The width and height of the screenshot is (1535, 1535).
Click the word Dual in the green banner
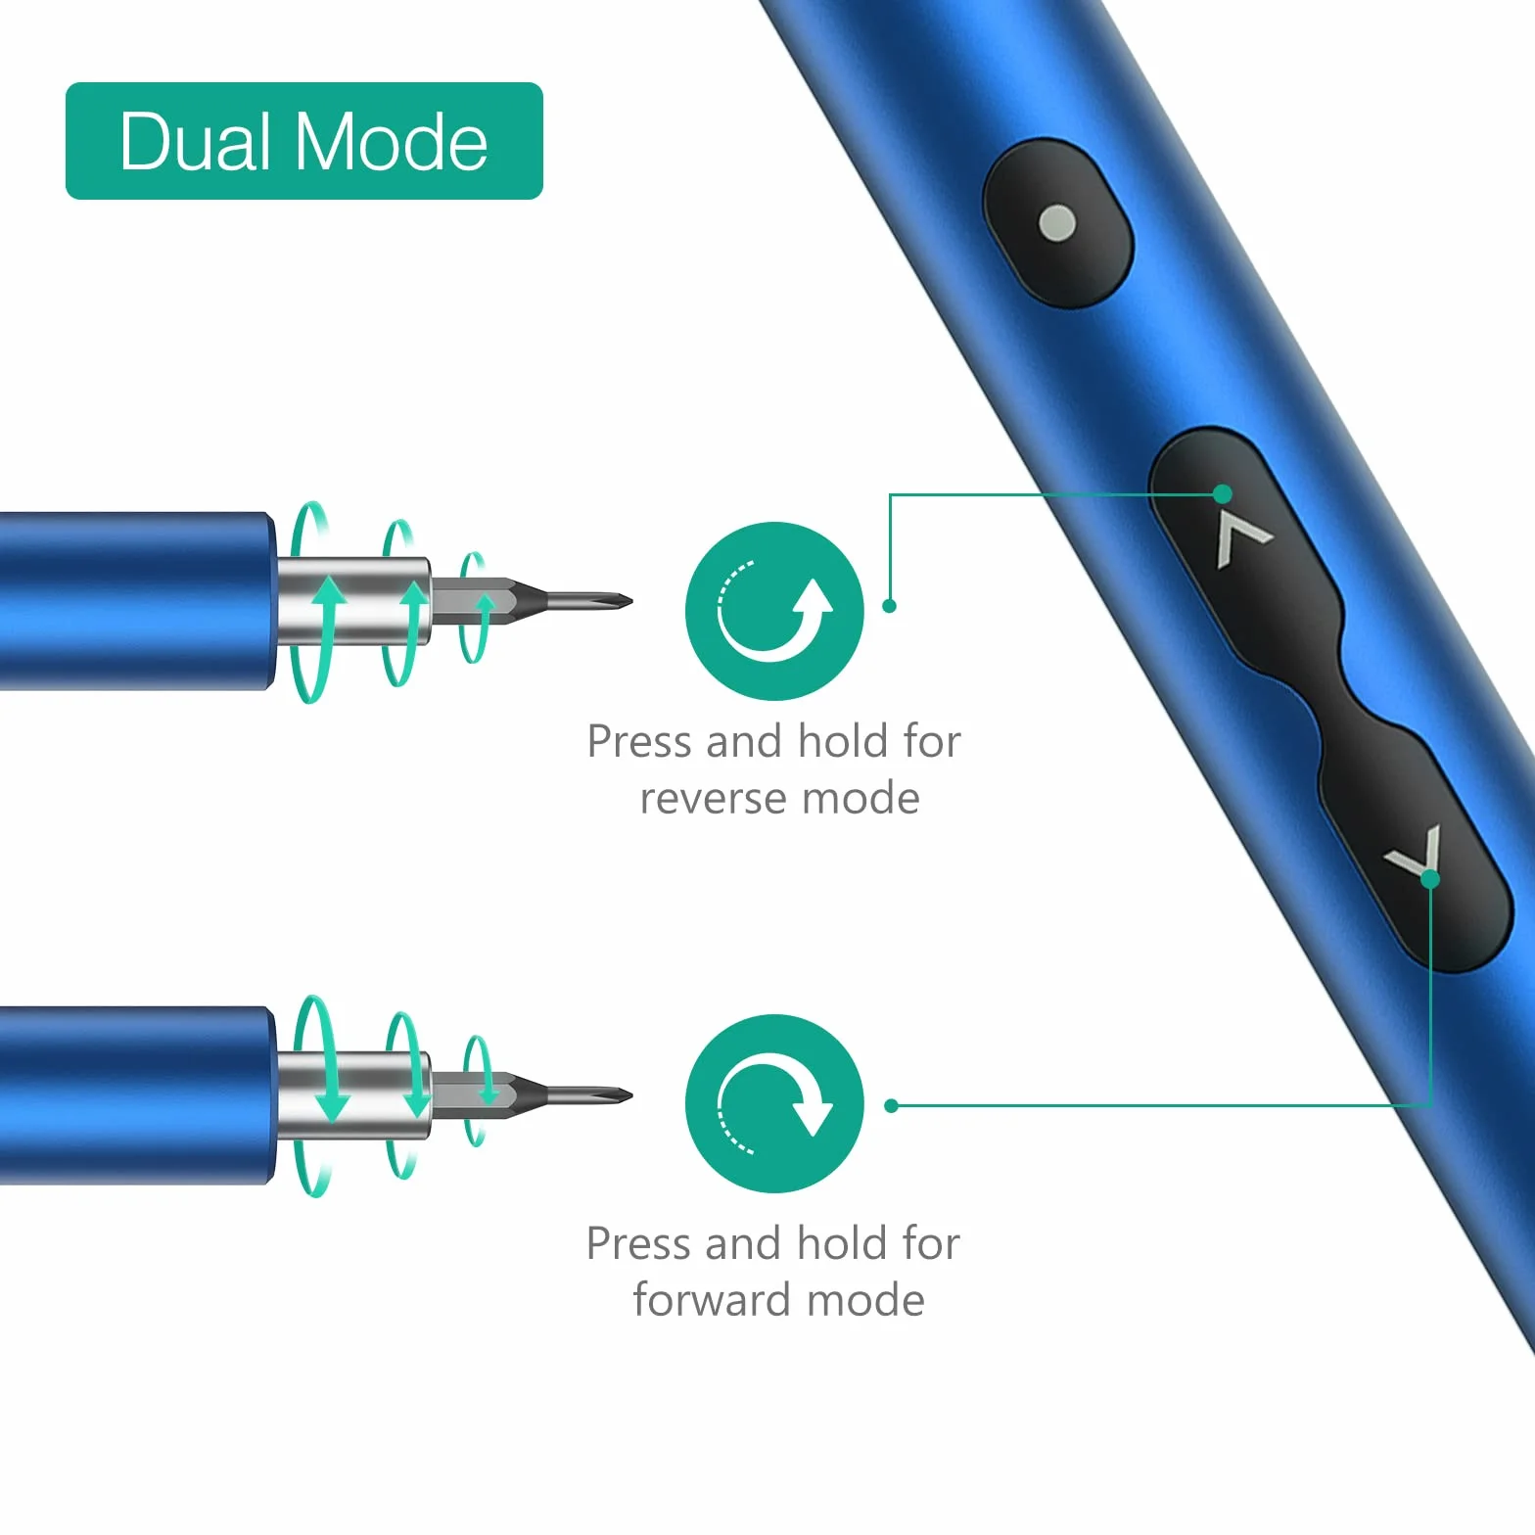pyautogui.click(x=195, y=141)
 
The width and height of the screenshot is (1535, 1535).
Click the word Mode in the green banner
pyautogui.click(x=391, y=141)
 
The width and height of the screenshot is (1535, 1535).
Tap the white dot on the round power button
pyautogui.click(x=1057, y=223)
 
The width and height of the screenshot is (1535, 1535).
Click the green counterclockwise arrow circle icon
pyautogui.click(x=774, y=611)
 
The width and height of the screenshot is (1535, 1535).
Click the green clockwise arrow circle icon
pyautogui.click(x=774, y=1103)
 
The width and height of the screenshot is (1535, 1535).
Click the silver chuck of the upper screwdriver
pyautogui.click(x=353, y=600)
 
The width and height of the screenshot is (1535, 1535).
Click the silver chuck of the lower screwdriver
pyautogui.click(x=353, y=1095)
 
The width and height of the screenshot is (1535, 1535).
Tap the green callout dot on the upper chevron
pyautogui.click(x=1223, y=492)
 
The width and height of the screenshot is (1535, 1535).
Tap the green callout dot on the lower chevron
pyautogui.click(x=1430, y=879)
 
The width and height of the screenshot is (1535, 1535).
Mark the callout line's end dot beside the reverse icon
pyautogui.click(x=890, y=606)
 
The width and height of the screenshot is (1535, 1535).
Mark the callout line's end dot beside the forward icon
pyautogui.click(x=891, y=1106)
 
